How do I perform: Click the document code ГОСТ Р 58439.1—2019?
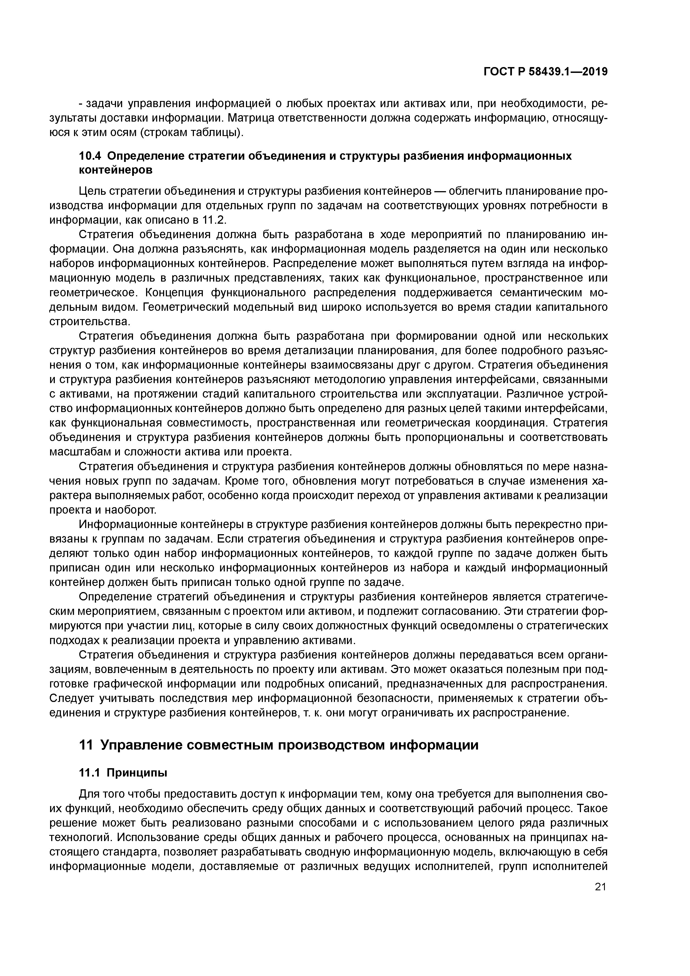pos(545,72)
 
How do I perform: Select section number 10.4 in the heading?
pos(90,156)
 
